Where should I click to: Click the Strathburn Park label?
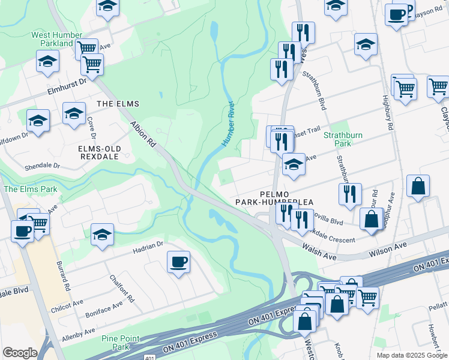click(x=343, y=139)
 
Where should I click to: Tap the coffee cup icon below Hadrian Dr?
click(x=178, y=262)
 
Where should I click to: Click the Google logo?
click(x=20, y=353)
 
